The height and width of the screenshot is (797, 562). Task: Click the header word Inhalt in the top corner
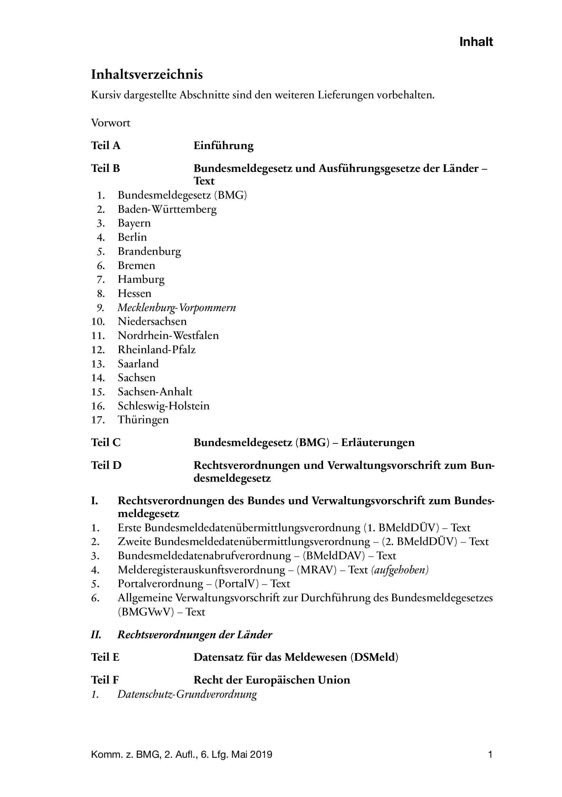click(x=476, y=42)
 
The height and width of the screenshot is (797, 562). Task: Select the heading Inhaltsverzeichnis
click(x=147, y=75)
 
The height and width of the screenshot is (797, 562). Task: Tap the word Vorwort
click(x=111, y=123)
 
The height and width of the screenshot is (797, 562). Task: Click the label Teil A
click(x=105, y=146)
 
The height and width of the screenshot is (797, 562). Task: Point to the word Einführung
click(x=223, y=146)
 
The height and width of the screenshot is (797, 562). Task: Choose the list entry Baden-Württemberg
click(x=167, y=209)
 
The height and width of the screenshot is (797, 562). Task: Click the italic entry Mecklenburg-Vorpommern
click(x=177, y=308)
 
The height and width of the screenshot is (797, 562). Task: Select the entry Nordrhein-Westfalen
click(x=168, y=335)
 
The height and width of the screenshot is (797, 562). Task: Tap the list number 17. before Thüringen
click(x=98, y=420)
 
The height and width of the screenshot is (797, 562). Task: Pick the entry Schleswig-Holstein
click(x=164, y=406)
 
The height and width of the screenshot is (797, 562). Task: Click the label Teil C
click(x=105, y=443)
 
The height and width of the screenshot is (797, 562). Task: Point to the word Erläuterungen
click(x=378, y=443)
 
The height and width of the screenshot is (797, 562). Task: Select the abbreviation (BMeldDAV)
click(x=334, y=556)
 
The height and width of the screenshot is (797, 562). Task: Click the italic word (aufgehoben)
click(x=400, y=570)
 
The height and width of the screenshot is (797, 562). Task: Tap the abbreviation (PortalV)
click(x=237, y=584)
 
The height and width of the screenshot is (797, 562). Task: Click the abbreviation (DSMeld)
click(x=374, y=657)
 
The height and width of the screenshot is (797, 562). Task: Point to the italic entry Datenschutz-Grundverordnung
click(x=187, y=694)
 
